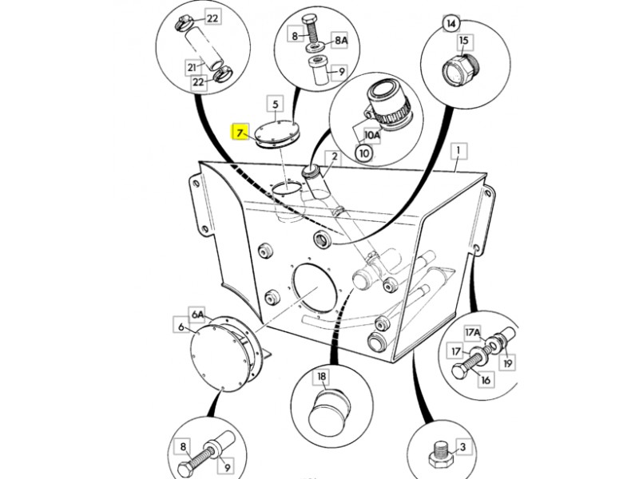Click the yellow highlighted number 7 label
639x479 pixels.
[x=240, y=132]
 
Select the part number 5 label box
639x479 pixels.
[x=275, y=105]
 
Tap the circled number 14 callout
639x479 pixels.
[x=451, y=24]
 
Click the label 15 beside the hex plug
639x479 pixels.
[x=464, y=41]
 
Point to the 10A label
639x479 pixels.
[x=371, y=135]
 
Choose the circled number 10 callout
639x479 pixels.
[x=364, y=153]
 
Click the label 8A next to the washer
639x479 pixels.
[x=341, y=40]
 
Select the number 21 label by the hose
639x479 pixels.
[x=192, y=68]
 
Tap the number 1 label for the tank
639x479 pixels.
[x=458, y=151]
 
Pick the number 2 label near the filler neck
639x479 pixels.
[x=335, y=156]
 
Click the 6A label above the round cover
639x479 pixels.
[x=197, y=314]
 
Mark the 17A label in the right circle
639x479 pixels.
[x=473, y=333]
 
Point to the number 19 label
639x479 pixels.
[x=507, y=362]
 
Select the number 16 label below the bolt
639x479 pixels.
[x=486, y=380]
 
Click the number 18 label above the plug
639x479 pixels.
[x=322, y=377]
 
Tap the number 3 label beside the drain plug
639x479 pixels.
[x=462, y=447]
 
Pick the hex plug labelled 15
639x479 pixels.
[x=461, y=69]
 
